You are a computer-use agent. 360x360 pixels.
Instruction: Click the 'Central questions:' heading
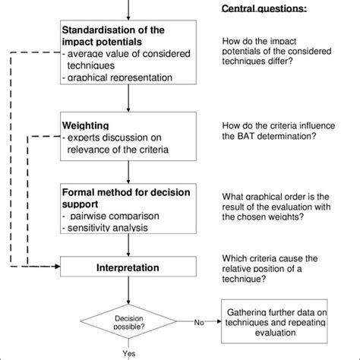[264, 10]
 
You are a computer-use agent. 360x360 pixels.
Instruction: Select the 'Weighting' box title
[85, 125]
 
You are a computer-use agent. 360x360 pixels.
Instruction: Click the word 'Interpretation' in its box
[128, 268]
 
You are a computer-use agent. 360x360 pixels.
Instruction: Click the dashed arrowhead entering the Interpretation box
[57, 267]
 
